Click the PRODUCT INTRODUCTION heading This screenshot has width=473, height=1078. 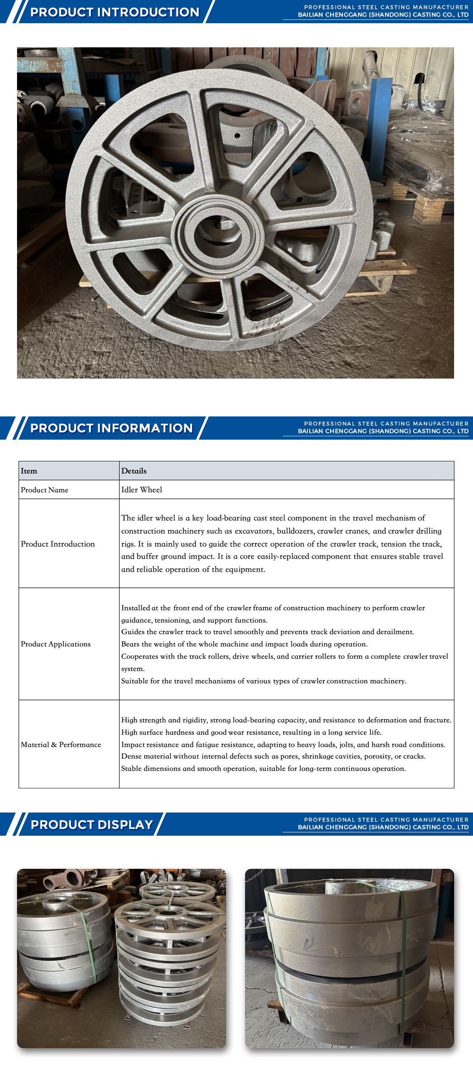tap(114, 12)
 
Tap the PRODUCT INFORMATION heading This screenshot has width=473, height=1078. tap(112, 428)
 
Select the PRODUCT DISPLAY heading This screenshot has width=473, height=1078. tap(92, 825)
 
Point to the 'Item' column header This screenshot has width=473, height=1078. tap(29, 471)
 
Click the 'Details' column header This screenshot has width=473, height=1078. tap(134, 471)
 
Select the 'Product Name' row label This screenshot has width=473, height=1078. tap(44, 490)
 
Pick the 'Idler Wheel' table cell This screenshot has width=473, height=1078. tap(141, 490)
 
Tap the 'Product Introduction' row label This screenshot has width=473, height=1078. tap(58, 544)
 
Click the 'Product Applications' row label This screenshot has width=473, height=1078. tap(55, 644)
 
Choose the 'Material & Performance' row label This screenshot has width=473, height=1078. tap(61, 744)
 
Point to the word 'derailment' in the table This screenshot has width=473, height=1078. tap(394, 632)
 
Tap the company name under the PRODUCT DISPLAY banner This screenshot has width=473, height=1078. tap(383, 827)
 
